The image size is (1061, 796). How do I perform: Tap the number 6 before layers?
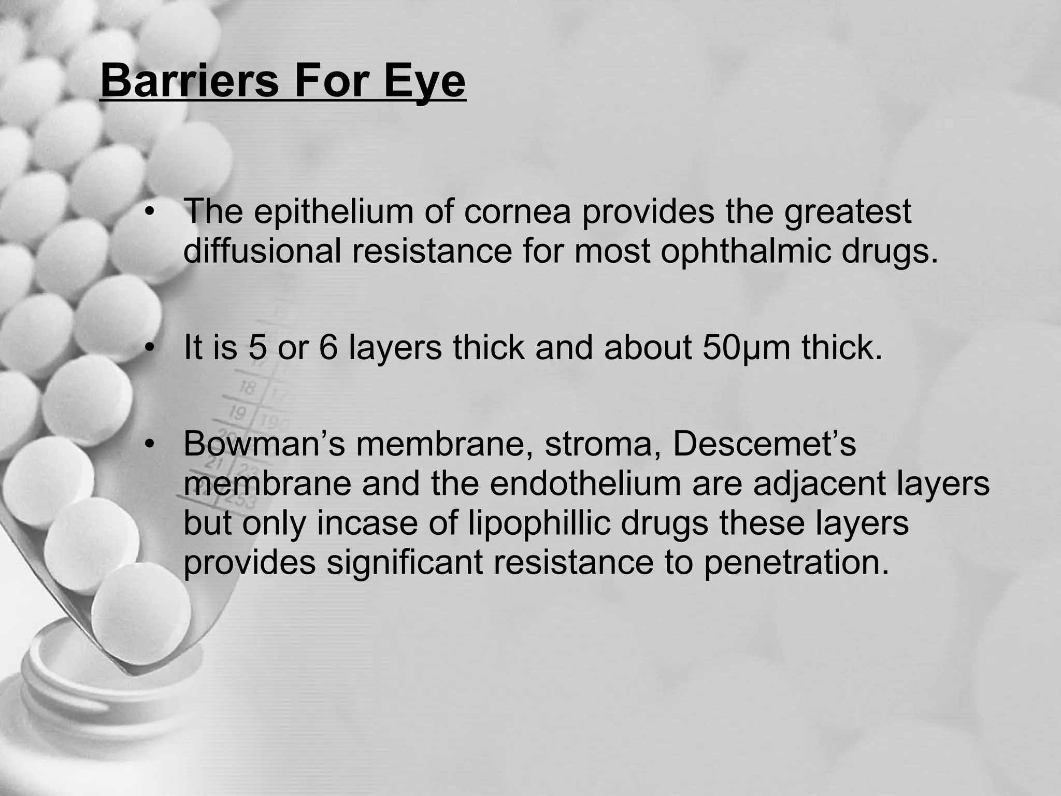point(328,348)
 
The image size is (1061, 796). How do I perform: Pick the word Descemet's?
point(764,444)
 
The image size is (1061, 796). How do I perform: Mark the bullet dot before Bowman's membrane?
point(151,445)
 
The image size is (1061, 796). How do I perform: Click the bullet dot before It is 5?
point(151,349)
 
